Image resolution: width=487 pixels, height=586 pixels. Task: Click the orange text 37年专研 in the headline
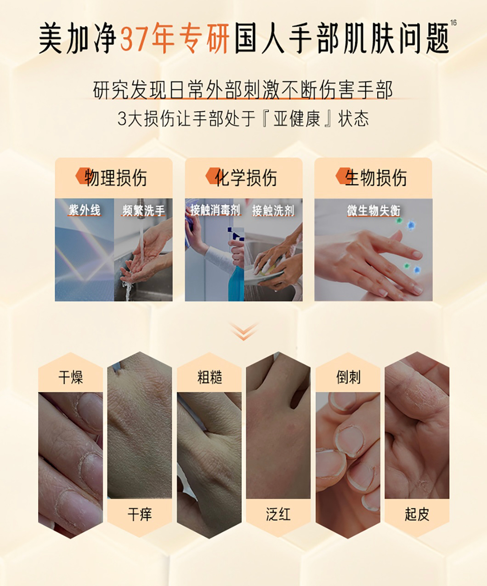click(175, 38)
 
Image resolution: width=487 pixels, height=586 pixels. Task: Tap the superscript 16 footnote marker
click(453, 23)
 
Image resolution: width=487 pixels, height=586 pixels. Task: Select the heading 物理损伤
click(115, 178)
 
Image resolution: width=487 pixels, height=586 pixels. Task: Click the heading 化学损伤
click(246, 178)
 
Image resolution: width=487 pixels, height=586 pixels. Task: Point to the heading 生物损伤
click(376, 178)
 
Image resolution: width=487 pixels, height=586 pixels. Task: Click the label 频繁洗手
click(143, 211)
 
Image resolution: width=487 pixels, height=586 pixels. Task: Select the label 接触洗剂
click(273, 211)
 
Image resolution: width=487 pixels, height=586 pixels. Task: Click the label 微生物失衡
click(374, 211)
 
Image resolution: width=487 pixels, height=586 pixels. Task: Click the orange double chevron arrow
click(243, 332)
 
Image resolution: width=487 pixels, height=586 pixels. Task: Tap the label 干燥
click(71, 377)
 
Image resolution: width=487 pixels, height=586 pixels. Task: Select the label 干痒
click(140, 514)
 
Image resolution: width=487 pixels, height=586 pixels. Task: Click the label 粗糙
click(210, 377)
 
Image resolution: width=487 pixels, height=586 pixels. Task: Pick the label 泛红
click(278, 514)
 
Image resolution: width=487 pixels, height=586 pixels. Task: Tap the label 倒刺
click(348, 377)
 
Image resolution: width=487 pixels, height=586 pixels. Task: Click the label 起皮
click(417, 514)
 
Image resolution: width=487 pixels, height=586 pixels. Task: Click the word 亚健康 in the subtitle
click(297, 119)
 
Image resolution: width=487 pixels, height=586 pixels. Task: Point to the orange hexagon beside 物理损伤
click(83, 176)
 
